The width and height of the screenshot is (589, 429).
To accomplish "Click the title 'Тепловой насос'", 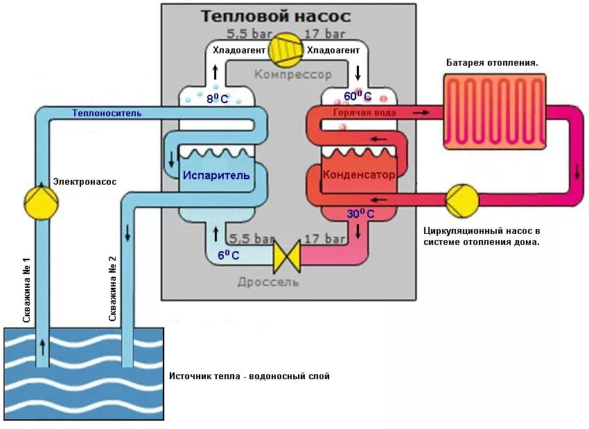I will click(x=276, y=16).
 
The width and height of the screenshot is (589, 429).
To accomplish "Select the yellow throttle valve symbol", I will click(x=285, y=255).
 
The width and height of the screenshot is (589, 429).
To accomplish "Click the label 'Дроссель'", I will click(x=268, y=282).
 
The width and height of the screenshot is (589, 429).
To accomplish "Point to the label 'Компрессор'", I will click(x=292, y=74).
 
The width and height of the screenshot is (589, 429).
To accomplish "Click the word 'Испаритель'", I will click(x=216, y=175).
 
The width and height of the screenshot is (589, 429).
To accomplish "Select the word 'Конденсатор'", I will click(x=359, y=175).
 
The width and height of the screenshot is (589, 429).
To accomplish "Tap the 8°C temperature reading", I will click(x=217, y=99).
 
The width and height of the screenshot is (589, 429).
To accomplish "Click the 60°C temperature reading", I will click(x=358, y=97).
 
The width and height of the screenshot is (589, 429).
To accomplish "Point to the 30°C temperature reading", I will click(x=360, y=214).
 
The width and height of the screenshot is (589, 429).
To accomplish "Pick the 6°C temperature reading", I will click(x=228, y=255).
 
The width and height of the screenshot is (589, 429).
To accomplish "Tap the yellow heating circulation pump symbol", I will click(x=461, y=201).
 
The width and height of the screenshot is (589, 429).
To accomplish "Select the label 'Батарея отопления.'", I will click(x=492, y=62).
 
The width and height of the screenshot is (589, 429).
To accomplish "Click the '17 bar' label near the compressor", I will click(x=325, y=33).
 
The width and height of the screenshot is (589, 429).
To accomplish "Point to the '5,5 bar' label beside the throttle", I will click(x=250, y=239).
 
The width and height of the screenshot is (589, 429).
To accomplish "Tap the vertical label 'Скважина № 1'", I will click(x=27, y=289).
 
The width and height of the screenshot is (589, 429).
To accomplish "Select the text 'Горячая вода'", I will click(x=364, y=112).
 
